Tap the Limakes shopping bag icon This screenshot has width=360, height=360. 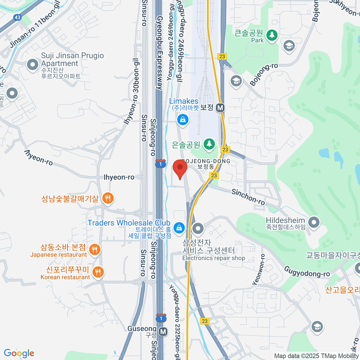(182, 120)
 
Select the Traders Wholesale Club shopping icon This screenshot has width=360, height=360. (179, 228)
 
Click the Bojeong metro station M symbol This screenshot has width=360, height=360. (220, 108)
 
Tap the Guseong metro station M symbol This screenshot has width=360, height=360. (163, 332)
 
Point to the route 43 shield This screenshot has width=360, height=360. (17, 17)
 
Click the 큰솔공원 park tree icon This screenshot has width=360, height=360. (272, 35)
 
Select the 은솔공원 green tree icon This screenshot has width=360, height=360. (209, 144)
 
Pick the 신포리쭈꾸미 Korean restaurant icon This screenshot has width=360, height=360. (98, 272)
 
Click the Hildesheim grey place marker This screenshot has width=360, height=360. (314, 222)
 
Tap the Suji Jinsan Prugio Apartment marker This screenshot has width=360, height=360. (32, 64)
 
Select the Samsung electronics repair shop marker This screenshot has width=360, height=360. (198, 229)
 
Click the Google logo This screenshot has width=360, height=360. (19, 353)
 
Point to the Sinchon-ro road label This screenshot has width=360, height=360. (248, 197)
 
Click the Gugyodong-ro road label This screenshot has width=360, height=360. (307, 271)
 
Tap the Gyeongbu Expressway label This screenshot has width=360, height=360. (160, 52)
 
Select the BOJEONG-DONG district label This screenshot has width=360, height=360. (206, 161)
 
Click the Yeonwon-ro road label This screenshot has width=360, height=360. (259, 269)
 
